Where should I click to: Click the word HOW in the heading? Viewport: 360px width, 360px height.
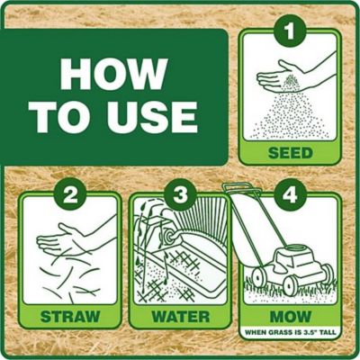[114, 75]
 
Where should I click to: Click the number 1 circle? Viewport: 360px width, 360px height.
[288, 34]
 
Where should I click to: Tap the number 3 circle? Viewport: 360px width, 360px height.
[179, 192]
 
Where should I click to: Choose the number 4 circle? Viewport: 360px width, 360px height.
[290, 192]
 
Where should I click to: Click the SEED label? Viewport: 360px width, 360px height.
[290, 153]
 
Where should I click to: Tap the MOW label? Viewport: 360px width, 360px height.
[290, 316]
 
